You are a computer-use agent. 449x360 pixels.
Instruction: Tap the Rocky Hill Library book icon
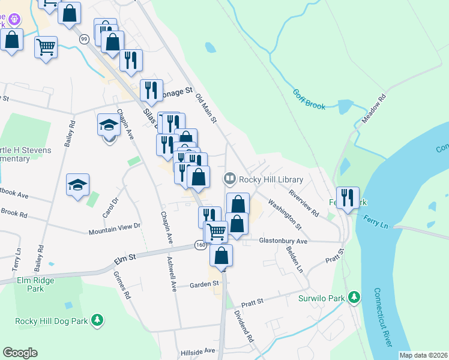coord(229,178)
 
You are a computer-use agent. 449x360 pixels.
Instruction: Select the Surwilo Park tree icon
coord(355,298)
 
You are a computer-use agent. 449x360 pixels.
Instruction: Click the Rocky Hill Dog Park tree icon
coord(97,322)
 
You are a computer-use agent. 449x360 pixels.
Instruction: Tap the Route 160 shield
coord(200,245)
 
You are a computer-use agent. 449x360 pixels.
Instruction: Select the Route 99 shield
coord(84,39)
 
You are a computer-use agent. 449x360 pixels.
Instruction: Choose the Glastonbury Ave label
coord(283,241)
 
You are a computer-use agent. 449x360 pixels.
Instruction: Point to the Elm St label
coord(125,259)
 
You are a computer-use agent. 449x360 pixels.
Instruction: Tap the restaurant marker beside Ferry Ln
coord(348,196)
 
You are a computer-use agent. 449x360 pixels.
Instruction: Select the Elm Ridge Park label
coord(36,284)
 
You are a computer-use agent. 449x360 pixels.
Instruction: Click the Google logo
coord(20,353)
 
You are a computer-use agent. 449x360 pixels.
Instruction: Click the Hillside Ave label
coord(200,350)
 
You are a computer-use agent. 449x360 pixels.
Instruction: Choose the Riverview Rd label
coord(304,204)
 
